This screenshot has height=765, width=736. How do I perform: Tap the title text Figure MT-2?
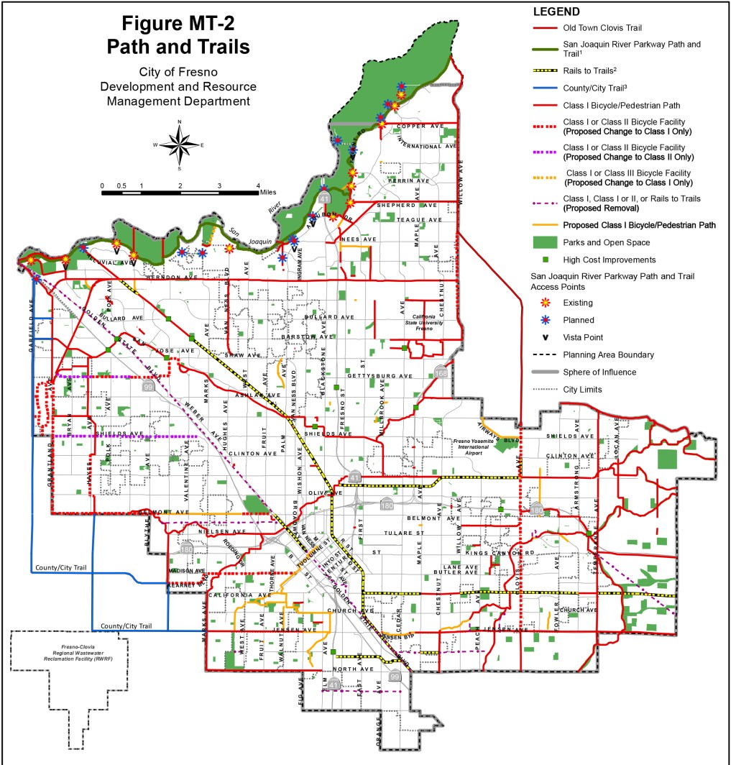(x=178, y=23)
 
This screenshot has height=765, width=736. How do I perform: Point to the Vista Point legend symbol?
(x=547, y=337)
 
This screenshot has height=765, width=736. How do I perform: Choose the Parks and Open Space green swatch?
(x=547, y=242)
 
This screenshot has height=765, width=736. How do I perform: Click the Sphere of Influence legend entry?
(x=600, y=372)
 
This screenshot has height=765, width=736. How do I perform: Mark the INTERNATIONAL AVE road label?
(x=426, y=146)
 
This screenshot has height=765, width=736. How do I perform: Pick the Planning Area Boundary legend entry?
(x=608, y=355)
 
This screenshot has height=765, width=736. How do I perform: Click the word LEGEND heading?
(x=556, y=12)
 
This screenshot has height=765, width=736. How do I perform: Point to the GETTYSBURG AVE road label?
(x=380, y=376)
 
